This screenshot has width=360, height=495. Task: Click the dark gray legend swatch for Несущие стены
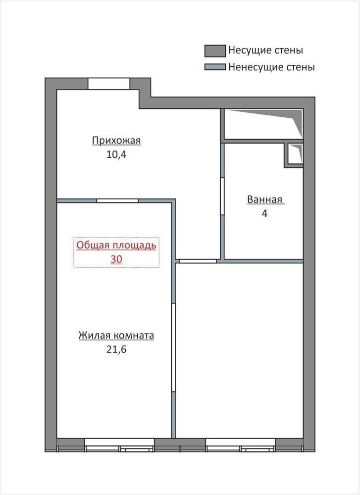(x=215, y=51)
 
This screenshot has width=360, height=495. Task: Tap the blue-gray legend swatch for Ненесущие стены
(x=215, y=67)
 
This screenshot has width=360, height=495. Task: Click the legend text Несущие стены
(x=265, y=50)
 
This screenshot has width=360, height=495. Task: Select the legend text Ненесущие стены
(x=271, y=67)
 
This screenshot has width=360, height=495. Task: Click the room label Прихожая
(x=116, y=141)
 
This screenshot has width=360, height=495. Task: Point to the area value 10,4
(x=116, y=154)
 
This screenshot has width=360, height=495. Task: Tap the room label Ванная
(x=264, y=199)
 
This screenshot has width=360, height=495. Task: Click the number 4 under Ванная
(x=264, y=213)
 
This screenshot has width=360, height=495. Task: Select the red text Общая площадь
(x=116, y=246)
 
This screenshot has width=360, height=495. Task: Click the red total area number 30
(x=116, y=259)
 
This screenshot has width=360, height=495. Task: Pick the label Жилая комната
(x=116, y=335)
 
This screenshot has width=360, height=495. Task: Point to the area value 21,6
(x=116, y=349)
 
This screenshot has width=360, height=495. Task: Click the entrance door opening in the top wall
(x=108, y=84)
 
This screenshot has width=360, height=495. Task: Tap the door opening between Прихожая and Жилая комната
(x=117, y=201)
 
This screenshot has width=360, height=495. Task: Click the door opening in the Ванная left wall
(x=222, y=197)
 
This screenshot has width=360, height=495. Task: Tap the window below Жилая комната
(x=119, y=444)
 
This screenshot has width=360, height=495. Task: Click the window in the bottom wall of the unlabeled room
(x=241, y=444)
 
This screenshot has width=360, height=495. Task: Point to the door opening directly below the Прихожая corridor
(x=198, y=261)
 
